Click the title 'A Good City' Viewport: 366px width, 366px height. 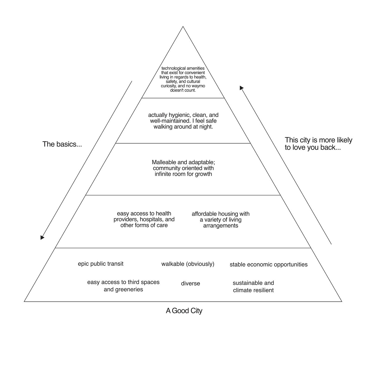(184, 311)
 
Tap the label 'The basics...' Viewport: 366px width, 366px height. (62, 144)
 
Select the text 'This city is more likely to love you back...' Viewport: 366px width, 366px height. (318, 144)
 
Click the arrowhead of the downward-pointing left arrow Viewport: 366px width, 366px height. (42, 238)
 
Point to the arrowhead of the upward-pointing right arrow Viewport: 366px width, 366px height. (241, 88)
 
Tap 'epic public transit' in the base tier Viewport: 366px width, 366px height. (101, 264)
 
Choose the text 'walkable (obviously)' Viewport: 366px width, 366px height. (188, 264)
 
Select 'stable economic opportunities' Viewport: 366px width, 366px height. (268, 264)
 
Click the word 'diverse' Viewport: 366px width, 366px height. (190, 284)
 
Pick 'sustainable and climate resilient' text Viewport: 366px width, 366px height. (253, 287)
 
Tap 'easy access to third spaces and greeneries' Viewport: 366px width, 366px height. (123, 286)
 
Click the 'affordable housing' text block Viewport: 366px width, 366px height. (220, 220)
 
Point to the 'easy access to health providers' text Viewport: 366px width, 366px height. (144, 219)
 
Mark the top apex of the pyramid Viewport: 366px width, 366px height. (183, 27)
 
